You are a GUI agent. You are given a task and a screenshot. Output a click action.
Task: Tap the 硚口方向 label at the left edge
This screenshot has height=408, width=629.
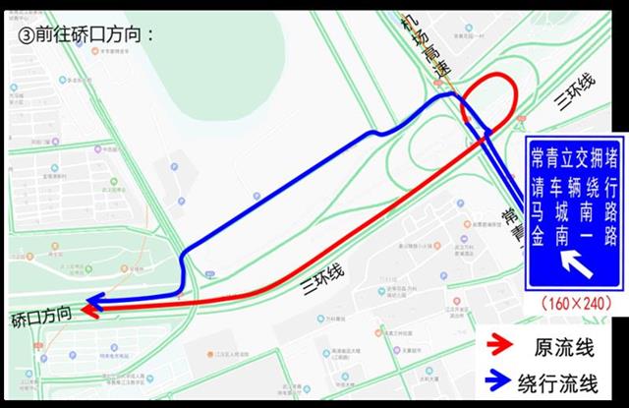coord(41,318)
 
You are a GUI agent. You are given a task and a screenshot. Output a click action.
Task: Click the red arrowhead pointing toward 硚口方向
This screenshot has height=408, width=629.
coord(89,311)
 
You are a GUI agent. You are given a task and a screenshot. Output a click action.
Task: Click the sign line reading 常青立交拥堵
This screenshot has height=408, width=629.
coord(574,157)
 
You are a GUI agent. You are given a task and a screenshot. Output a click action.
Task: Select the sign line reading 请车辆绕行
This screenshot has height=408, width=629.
coord(574,185)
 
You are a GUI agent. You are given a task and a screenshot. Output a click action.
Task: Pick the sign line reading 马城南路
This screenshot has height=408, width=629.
coord(574,210)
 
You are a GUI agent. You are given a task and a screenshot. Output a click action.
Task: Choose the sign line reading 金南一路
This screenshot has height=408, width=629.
coord(574,236)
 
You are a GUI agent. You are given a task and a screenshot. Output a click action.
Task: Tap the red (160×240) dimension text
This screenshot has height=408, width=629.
coord(574,303)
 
